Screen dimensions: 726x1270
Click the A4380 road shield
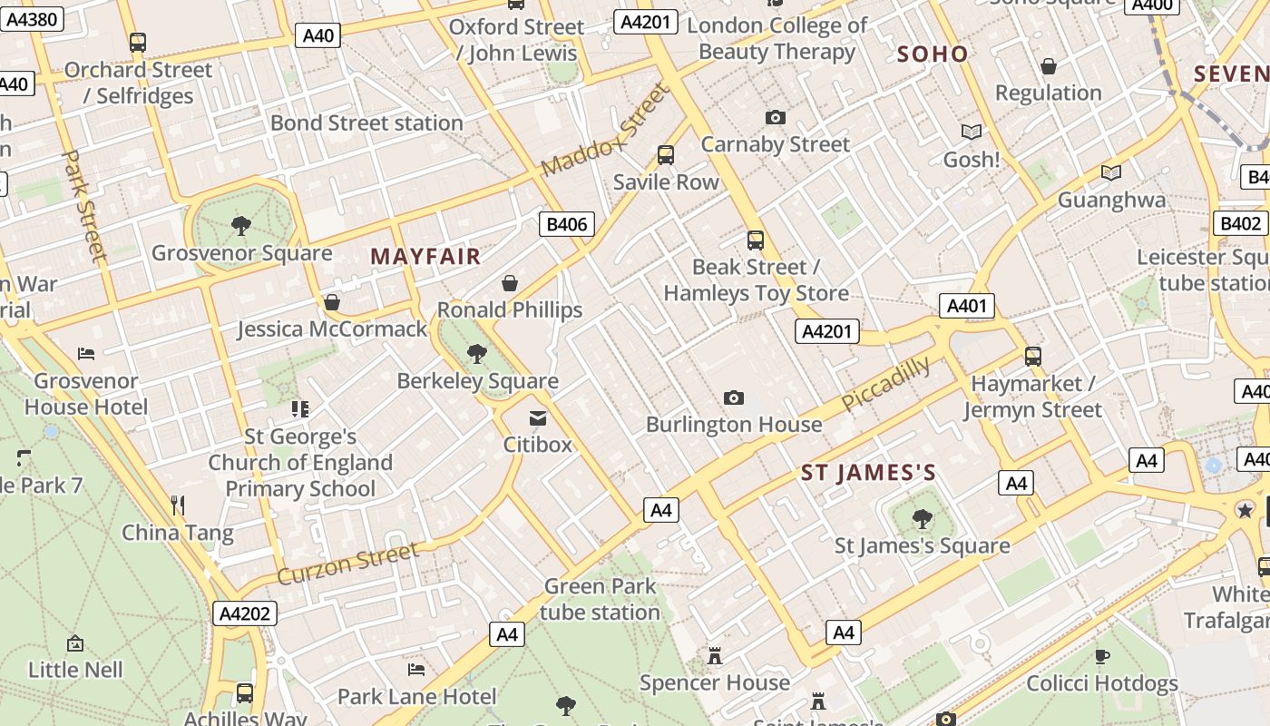tap(32, 18)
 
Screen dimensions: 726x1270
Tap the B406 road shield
tap(567, 224)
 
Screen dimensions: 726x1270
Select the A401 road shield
tap(966, 306)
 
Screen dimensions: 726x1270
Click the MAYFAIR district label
tap(425, 257)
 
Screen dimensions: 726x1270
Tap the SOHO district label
tap(933, 54)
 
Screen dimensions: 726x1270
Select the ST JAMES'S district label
tap(868, 473)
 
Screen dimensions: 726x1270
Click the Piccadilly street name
tap(885, 383)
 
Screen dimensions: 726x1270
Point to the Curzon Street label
tap(348, 564)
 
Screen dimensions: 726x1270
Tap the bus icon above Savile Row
tap(666, 154)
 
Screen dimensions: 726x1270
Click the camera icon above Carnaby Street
tap(775, 117)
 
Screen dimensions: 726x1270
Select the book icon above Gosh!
tap(972, 132)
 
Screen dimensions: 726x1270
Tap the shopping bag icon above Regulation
tap(1049, 66)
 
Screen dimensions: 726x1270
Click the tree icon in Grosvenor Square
tap(241, 225)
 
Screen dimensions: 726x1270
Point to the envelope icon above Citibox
tap(538, 418)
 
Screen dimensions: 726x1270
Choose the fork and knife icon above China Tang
tap(178, 505)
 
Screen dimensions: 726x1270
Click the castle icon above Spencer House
tap(715, 655)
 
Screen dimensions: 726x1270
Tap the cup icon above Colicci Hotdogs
tap(1102, 656)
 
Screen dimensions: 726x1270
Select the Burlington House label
tap(734, 424)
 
